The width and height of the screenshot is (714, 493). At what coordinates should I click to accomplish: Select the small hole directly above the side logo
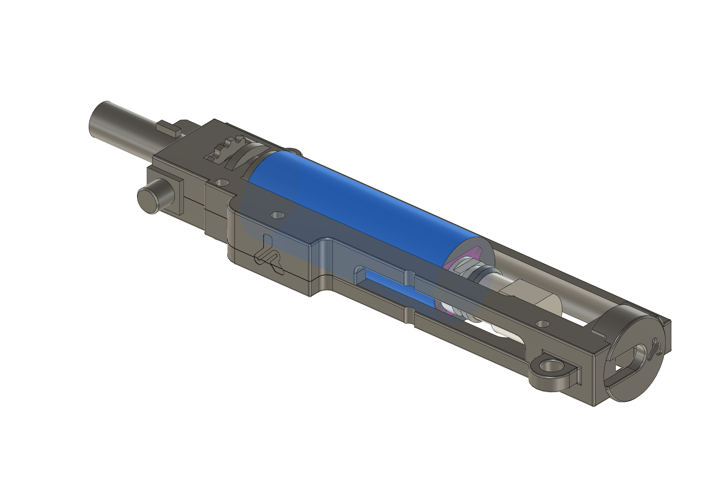277,215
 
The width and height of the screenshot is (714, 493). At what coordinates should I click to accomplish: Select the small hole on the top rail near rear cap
542,324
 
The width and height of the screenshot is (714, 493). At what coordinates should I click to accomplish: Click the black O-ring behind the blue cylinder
483,272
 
